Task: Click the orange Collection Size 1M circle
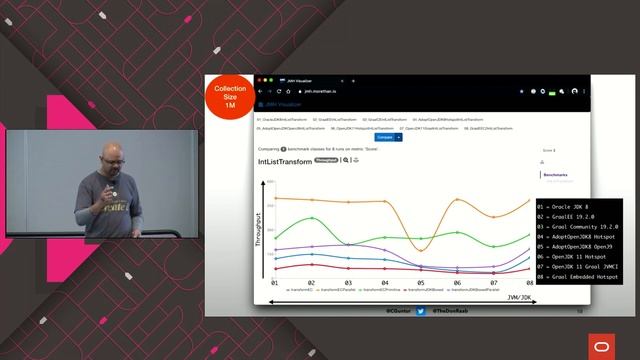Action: pos(230,97)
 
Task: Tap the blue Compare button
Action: pos(385,137)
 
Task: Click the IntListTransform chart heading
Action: pos(284,159)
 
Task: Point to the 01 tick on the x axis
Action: pos(275,283)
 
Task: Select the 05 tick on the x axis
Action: pos(421,283)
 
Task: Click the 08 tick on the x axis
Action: pos(530,283)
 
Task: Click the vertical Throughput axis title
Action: pos(257,229)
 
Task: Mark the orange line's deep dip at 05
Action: pos(421,249)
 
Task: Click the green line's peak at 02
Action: pos(312,217)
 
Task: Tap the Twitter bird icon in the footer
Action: pos(421,311)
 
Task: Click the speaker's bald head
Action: pos(111,152)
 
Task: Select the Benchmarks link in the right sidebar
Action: pos(555,174)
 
